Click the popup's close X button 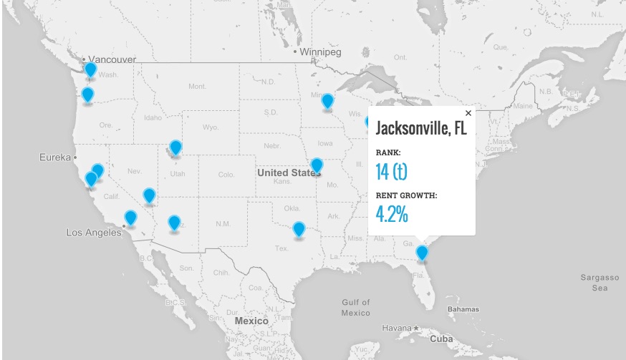tap(468, 113)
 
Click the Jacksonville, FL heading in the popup tap(421, 130)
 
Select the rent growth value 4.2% tap(392, 213)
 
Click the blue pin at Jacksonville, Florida tap(422, 253)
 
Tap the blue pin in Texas tap(299, 229)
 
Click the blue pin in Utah tap(175, 147)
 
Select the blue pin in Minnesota tap(327, 101)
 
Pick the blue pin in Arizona tap(174, 223)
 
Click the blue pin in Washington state tap(90, 69)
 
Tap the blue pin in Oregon tap(87, 94)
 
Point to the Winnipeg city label tap(321, 52)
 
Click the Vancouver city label tap(112, 59)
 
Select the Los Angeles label tap(94, 233)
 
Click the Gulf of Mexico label tap(356, 308)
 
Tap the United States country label tap(288, 172)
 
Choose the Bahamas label tap(463, 309)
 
